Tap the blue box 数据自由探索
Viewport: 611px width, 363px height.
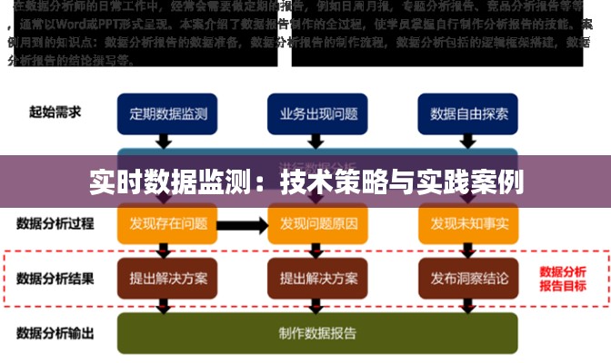click(467, 115)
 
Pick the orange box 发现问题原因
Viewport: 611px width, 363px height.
click(316, 222)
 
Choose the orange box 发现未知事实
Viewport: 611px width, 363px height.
click(467, 222)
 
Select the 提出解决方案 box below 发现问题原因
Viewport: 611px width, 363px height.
click(316, 278)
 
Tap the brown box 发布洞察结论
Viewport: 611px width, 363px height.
click(467, 278)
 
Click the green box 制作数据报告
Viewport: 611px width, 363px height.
click(316, 332)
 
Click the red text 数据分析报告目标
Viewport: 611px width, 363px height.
click(562, 278)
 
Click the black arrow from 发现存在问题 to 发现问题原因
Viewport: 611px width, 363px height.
click(241, 223)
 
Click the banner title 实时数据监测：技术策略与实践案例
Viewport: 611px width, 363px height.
click(305, 181)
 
